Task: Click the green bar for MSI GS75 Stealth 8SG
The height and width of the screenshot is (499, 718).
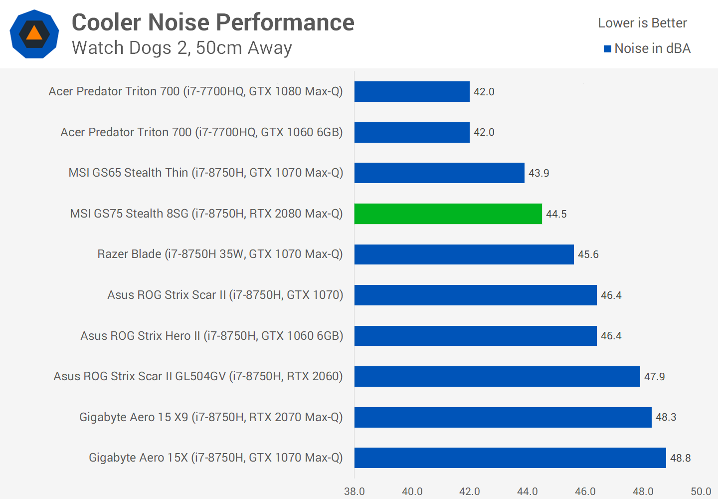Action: (448, 214)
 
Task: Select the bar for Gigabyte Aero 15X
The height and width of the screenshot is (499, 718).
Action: (510, 458)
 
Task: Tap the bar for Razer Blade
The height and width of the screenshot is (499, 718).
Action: (464, 254)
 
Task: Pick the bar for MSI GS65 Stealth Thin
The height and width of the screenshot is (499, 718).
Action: (439, 173)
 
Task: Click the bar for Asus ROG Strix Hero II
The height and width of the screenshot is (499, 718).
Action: (475, 336)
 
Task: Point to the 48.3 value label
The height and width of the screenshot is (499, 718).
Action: (666, 417)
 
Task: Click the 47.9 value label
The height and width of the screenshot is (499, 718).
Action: (654, 377)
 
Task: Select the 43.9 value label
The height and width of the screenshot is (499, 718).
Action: (538, 173)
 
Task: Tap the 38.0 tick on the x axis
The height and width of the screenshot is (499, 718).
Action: (355, 492)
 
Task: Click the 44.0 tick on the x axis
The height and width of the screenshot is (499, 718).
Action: (527, 492)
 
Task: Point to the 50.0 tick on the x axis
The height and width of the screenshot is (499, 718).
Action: (701, 492)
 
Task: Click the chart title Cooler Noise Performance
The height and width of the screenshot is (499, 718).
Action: (213, 22)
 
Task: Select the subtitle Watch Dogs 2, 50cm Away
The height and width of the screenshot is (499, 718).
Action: (182, 48)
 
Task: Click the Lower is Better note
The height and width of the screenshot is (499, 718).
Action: (642, 23)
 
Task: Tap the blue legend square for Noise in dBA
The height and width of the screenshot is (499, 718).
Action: (607, 49)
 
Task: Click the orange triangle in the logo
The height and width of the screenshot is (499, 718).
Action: (34, 33)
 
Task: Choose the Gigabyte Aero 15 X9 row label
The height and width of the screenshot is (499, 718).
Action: (211, 417)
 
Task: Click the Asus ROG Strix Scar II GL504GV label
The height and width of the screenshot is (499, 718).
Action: (198, 376)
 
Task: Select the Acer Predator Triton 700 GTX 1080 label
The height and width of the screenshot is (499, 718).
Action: (195, 91)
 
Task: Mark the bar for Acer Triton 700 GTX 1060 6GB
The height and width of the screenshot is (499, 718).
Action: (412, 132)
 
